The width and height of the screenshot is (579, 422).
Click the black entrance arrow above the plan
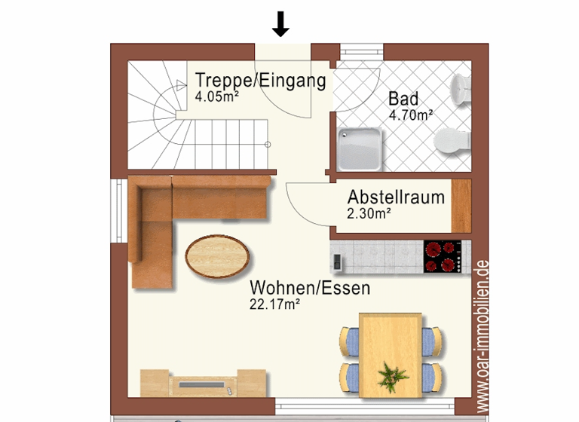coord(280,23)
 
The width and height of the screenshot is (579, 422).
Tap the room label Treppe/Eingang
coord(260,81)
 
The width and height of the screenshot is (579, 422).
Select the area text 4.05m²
coord(217,96)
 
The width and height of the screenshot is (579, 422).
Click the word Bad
coord(403,99)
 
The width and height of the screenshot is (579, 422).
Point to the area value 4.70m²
coord(410,115)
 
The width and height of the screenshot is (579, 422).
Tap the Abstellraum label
coord(395,197)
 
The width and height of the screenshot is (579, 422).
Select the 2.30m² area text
coord(369,213)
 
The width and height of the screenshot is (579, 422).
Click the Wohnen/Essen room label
coord(310,288)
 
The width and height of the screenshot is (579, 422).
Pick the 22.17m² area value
coord(275,304)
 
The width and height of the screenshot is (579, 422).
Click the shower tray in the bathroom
coord(360,148)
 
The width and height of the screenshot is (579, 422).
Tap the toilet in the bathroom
coord(453,140)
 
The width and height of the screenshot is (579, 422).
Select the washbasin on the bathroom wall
coord(461,88)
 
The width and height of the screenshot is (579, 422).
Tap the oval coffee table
coord(218,256)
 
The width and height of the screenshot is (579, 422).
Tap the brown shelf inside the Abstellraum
coord(461,206)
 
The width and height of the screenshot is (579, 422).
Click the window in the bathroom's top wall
coord(362,52)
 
